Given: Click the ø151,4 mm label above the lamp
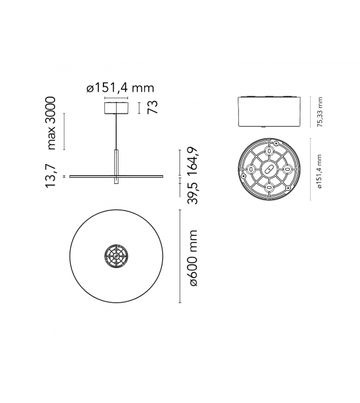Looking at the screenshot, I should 120,88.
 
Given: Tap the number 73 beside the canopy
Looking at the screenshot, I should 151,107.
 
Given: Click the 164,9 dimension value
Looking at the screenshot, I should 193,161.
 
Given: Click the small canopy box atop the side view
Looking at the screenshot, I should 115,107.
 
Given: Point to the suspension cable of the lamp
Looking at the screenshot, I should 115,132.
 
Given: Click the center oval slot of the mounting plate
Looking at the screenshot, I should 270,169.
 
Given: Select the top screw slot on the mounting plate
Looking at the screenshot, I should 270,152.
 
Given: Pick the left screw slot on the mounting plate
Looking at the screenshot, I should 251,169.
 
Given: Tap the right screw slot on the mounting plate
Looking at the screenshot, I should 288,169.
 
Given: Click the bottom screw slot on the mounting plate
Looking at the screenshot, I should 270,188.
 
